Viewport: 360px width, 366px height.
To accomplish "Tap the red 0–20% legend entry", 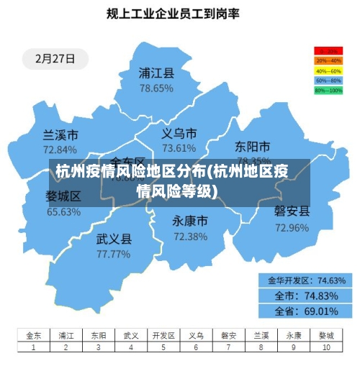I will pyautogui.click(x=328, y=51).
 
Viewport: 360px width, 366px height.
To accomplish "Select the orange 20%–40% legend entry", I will pyautogui.click(x=328, y=61).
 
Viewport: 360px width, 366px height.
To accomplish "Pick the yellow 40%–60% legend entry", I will pyautogui.click(x=328, y=71).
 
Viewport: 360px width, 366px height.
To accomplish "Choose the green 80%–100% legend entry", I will pyautogui.click(x=328, y=91).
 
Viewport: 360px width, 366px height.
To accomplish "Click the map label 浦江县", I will pyautogui.click(x=156, y=73).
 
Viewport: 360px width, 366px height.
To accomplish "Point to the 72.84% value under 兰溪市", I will pyautogui.click(x=60, y=150).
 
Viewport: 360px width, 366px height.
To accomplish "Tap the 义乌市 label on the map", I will pyautogui.click(x=179, y=134).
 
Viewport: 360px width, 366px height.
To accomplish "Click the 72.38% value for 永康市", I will pyautogui.click(x=190, y=237).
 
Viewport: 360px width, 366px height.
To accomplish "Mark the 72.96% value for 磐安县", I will pyautogui.click(x=292, y=228).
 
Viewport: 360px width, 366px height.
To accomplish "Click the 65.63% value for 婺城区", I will pyautogui.click(x=63, y=212).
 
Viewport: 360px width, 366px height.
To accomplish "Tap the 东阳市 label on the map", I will pyautogui.click(x=253, y=147).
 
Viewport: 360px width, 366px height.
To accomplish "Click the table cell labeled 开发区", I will pyautogui.click(x=163, y=335).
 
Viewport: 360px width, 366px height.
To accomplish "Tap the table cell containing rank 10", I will pyautogui.click(x=326, y=347).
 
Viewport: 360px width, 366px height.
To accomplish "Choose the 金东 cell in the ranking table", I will pyautogui.click(x=34, y=335).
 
